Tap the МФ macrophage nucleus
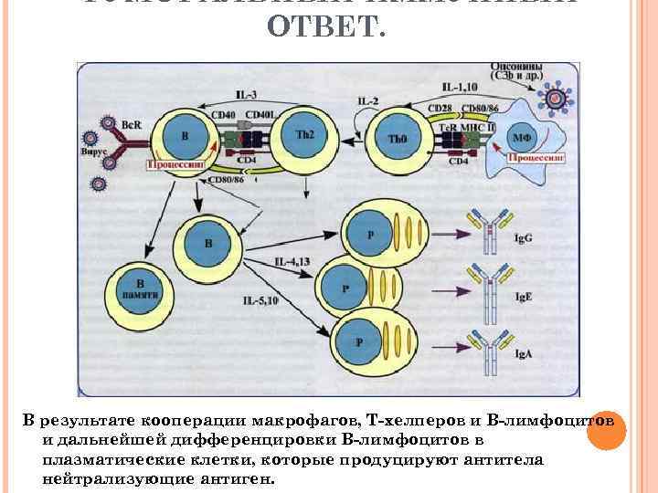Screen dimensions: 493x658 point(522,135)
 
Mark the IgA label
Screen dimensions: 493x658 point(524,353)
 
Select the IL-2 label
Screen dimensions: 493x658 point(369,100)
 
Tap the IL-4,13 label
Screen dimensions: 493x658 point(292,262)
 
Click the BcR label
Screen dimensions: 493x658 point(131,123)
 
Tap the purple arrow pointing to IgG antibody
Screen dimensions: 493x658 point(449,225)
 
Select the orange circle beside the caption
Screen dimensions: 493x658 point(603,432)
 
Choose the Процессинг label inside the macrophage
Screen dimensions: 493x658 point(534,156)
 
